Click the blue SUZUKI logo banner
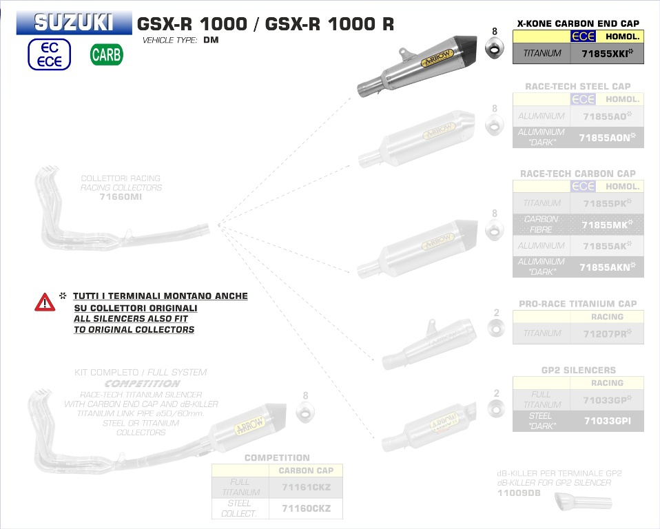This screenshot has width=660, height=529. coord(74,23)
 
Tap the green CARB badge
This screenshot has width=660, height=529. coord(106,55)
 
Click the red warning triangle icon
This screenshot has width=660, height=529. coord(45,302)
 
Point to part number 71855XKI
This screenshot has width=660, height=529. coord(606,53)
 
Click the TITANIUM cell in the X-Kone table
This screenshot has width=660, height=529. coord(542,53)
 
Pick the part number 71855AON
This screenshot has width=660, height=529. coord(606,138)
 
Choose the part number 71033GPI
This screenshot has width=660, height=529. coord(606,420)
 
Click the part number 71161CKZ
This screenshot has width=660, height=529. coord(307,487)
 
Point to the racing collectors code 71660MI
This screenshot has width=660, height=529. coord(121,196)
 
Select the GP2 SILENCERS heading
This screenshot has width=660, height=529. coord(578,370)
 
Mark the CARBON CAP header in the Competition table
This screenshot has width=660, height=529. coord(305,471)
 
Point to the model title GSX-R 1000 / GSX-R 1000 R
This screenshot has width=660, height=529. coord(266,23)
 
